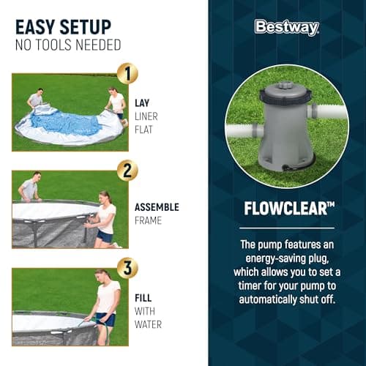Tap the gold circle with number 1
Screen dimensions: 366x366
[x=128, y=73]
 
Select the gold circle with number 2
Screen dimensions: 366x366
[x=128, y=171]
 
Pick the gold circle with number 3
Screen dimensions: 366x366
[x=128, y=268]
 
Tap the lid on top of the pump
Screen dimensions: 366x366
[x=286, y=94]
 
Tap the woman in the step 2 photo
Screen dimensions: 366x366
[x=105, y=217]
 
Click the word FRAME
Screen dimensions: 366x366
[x=149, y=220]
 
